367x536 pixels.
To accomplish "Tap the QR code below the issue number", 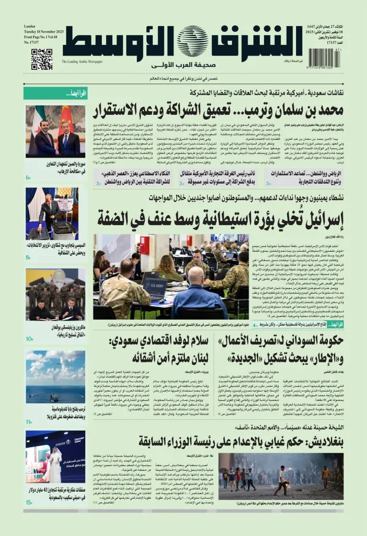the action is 41,59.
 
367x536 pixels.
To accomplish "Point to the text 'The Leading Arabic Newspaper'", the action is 82,62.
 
